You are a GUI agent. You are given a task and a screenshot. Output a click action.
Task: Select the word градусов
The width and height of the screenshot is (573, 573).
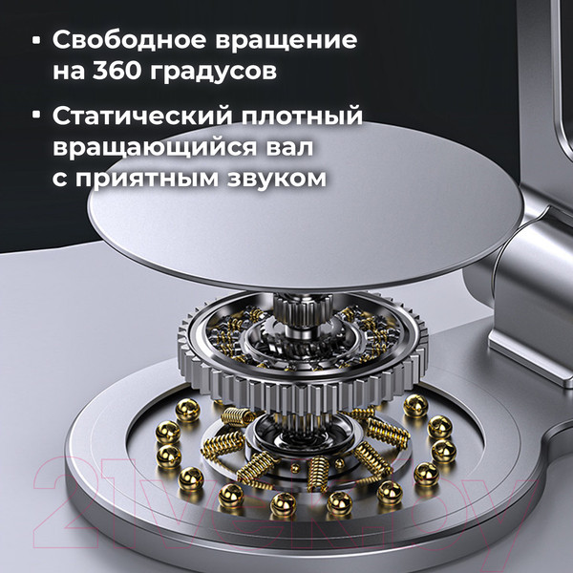pos(221,74)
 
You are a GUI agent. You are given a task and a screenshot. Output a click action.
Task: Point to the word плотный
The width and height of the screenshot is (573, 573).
pos(308,117)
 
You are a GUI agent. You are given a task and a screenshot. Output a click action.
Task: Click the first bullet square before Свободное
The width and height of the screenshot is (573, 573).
pos(36,41)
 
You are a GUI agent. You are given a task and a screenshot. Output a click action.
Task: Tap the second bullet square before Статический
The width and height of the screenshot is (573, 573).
pos(36,117)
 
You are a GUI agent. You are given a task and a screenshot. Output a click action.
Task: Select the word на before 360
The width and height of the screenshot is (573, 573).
pos(71,74)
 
